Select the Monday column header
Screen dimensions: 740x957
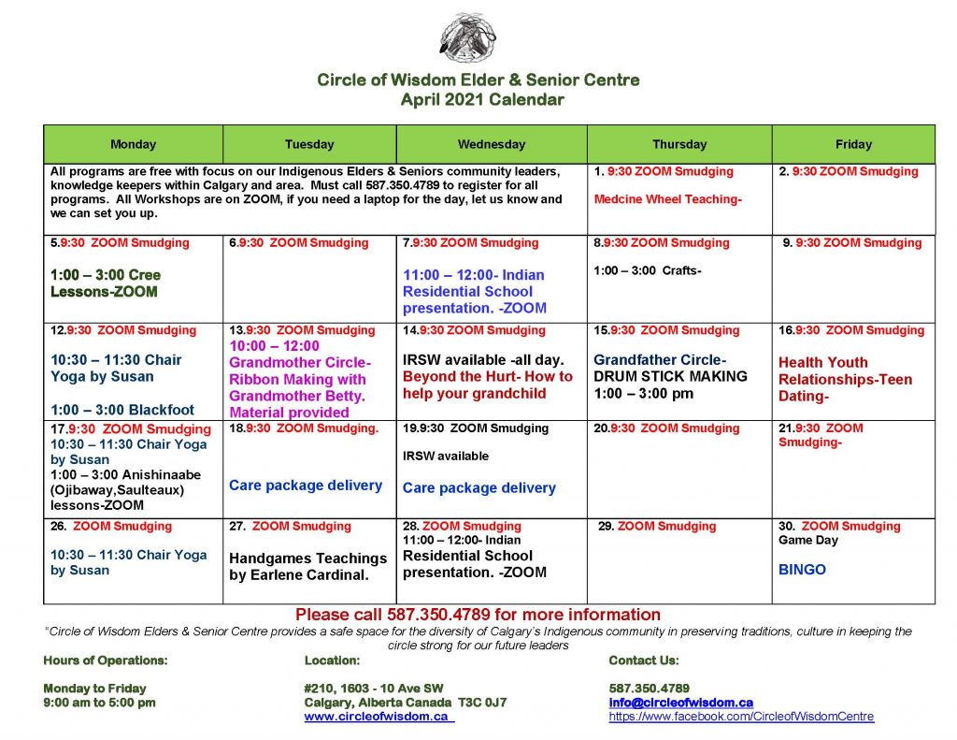[133, 145]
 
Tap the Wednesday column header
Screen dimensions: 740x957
[491, 145]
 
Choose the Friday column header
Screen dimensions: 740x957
[852, 145]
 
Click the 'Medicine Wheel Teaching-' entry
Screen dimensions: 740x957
[667, 198]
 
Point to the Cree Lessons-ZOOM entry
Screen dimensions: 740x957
[105, 283]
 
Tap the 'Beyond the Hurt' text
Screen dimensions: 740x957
[487, 385]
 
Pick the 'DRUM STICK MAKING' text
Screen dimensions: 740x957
[670, 376]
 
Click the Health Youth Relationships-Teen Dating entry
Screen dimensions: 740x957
[845, 379]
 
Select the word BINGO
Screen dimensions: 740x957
[802, 569]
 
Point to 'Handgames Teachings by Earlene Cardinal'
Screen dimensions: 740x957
[307, 566]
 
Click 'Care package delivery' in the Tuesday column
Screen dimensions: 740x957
[306, 486]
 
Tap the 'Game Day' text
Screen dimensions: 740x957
[807, 540]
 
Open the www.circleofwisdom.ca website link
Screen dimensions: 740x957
[378, 717]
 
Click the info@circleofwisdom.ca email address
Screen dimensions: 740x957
[680, 703]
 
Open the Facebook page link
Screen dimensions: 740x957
[741, 717]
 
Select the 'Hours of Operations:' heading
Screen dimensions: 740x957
[106, 660]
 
